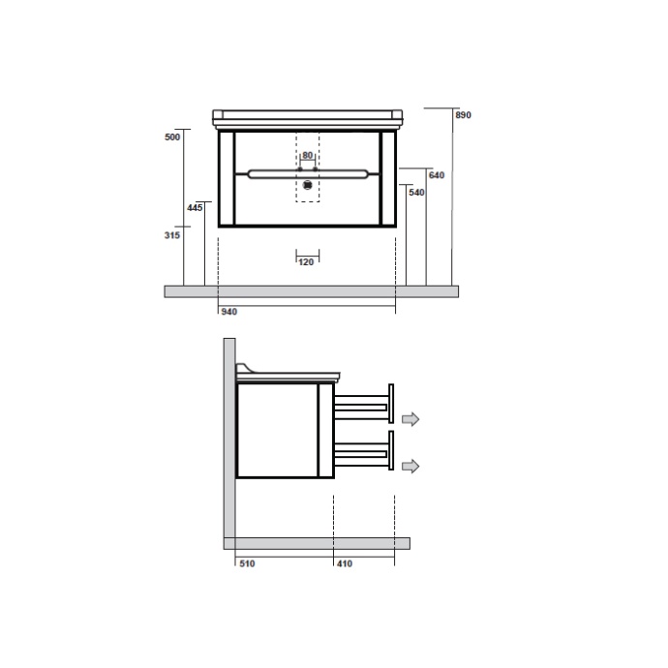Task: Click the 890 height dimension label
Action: click(x=463, y=115)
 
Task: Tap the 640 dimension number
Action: click(x=437, y=175)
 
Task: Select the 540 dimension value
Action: click(x=416, y=193)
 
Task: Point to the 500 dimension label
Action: click(x=172, y=137)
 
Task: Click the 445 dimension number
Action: click(x=195, y=208)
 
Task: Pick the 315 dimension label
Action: click(x=172, y=235)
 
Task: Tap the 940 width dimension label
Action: click(x=229, y=312)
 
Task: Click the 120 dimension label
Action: click(x=306, y=262)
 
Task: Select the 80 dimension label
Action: click(x=307, y=155)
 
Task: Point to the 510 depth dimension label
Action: click(x=247, y=563)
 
